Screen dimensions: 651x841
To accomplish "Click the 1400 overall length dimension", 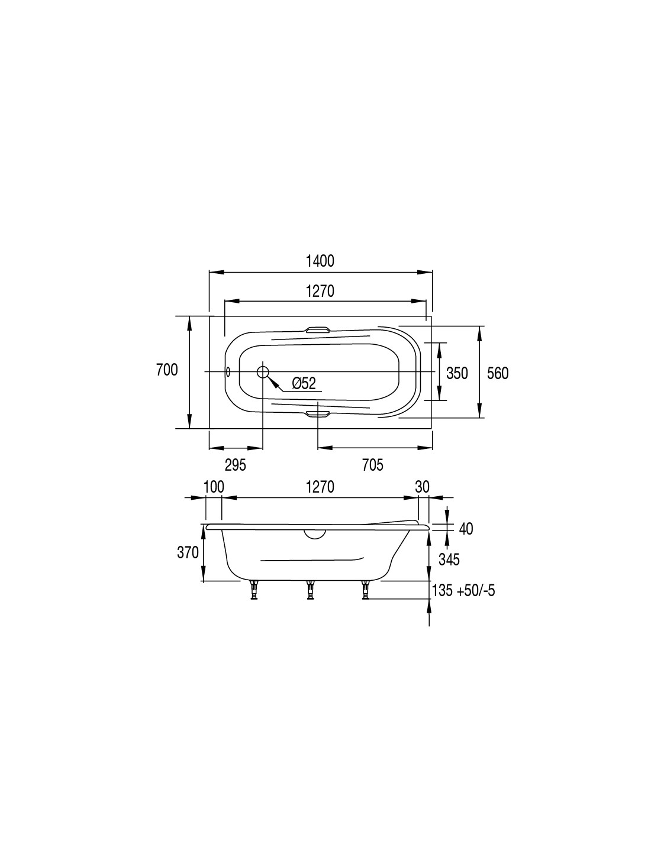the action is [x=320, y=261].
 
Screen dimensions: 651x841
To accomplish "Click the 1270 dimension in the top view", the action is [x=320, y=291].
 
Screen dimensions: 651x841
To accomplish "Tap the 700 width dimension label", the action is [x=167, y=370].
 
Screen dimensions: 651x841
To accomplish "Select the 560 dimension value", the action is [x=498, y=373].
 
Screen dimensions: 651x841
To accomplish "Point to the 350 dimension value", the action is [x=457, y=373].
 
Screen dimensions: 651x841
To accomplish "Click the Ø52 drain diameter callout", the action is [x=304, y=383].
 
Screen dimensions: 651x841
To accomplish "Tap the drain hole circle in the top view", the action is [x=263, y=372].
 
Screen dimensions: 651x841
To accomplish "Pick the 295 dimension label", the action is [x=236, y=465].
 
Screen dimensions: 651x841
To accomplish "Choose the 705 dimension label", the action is [x=373, y=465].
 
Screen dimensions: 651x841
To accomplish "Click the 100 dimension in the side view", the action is [x=214, y=487].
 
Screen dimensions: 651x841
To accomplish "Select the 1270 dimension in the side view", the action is [x=320, y=487].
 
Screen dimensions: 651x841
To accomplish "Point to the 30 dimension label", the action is [x=422, y=487].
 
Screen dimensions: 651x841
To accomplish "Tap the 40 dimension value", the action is [x=466, y=529].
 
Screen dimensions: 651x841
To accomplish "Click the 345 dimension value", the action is [x=449, y=559].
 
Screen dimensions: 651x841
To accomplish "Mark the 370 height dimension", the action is [x=188, y=552].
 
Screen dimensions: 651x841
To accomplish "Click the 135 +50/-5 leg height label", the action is [x=463, y=591].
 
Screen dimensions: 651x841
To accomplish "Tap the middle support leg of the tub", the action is [x=310, y=590].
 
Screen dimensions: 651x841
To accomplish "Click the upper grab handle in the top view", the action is [x=318, y=330].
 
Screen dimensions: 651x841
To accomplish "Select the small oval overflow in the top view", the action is [x=228, y=372].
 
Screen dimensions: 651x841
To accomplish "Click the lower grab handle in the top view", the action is [x=318, y=414].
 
